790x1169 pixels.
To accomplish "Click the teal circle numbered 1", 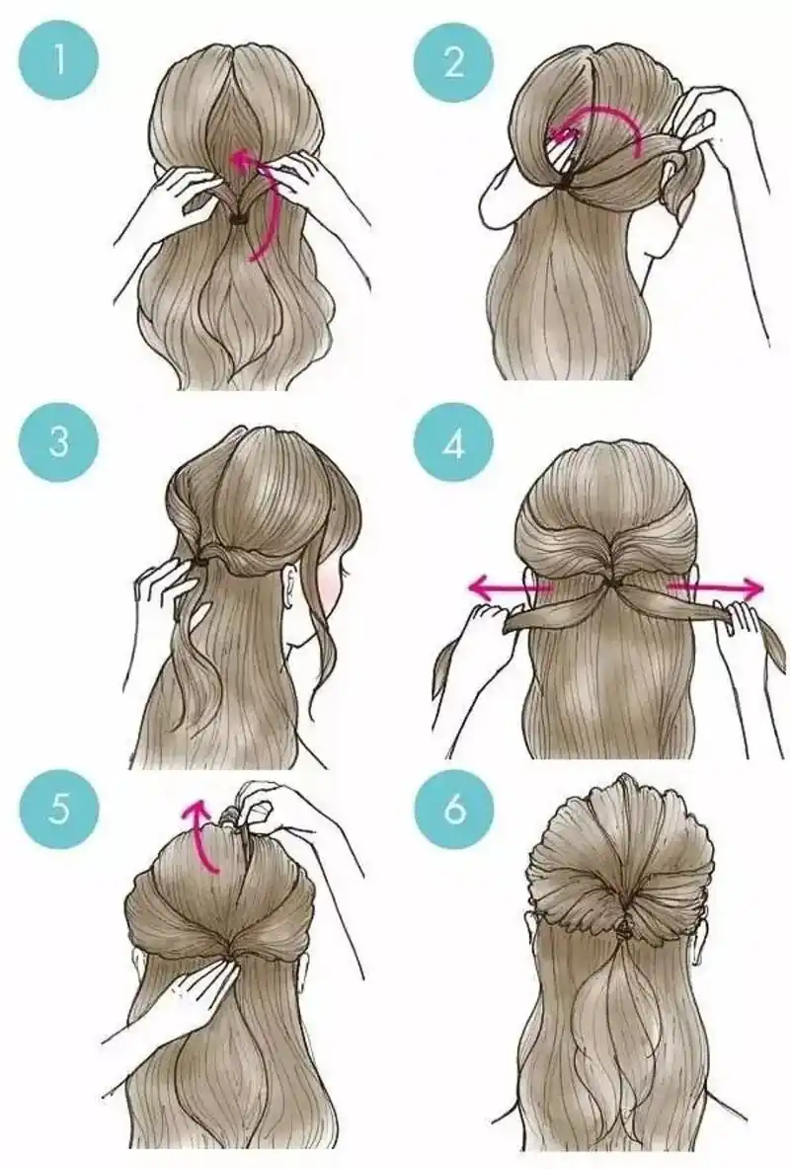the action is point(59,61).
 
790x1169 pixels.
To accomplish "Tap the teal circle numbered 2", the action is point(453,61).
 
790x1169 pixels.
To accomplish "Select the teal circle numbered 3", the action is point(59,442).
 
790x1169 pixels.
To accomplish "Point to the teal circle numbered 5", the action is point(59,809).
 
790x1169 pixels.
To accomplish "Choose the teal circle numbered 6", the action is point(453,809).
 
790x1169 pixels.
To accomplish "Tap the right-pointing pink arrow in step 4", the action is point(715,588).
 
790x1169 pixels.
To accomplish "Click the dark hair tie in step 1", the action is point(239,219).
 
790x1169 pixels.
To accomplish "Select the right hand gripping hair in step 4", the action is point(743,625).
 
